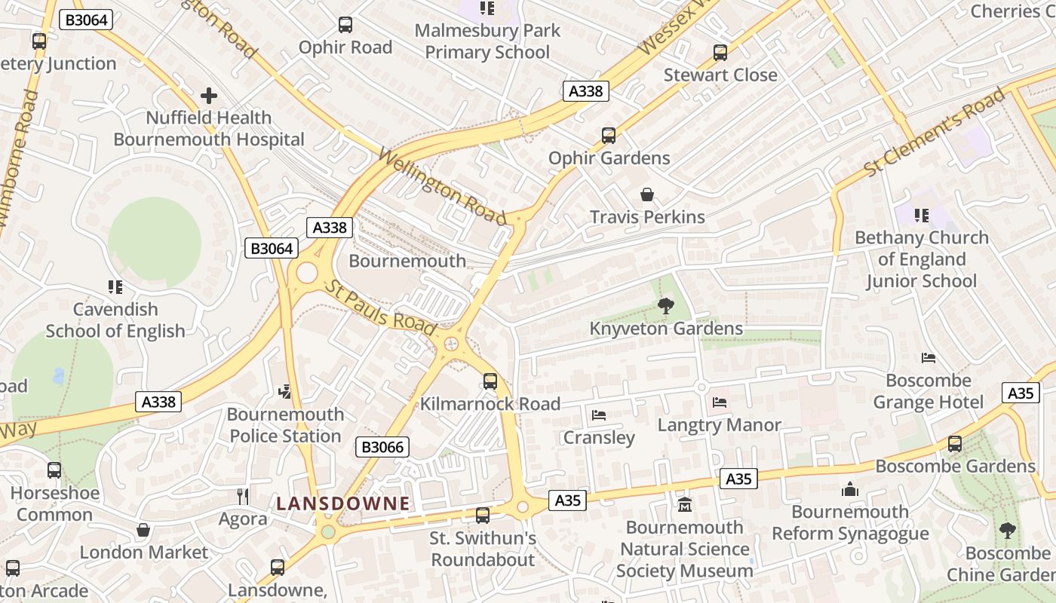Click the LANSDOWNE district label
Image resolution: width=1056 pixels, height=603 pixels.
click(343, 503)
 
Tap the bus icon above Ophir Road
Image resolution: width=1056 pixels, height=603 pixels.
click(345, 25)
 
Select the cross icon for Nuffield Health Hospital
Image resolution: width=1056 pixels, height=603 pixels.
click(209, 96)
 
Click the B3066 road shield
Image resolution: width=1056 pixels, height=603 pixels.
click(382, 447)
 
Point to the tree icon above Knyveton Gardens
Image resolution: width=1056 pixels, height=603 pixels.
click(665, 305)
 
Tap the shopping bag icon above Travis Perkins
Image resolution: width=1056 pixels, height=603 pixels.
click(647, 195)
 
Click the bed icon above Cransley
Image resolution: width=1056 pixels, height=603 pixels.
click(599, 415)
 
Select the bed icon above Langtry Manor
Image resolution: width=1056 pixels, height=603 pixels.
click(719, 403)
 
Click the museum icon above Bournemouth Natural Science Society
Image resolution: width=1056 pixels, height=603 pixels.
click(684, 504)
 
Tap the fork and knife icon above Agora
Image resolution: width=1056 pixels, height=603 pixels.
click(243, 496)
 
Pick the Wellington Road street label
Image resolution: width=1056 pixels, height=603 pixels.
click(442, 187)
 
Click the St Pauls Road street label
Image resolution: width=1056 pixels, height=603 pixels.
click(382, 308)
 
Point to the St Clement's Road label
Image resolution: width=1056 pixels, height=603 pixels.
click(935, 132)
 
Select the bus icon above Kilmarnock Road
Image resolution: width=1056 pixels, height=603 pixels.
click(490, 381)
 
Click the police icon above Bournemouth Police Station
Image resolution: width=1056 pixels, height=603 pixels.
click(285, 391)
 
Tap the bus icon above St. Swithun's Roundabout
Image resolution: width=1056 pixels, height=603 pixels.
click(483, 516)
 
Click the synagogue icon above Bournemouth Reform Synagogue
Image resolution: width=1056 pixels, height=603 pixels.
click(850, 490)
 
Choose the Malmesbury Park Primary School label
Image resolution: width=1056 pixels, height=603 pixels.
click(487, 41)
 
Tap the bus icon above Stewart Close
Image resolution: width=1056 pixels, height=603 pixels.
click(720, 53)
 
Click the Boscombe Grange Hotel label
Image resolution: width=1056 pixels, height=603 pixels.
click(928, 391)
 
